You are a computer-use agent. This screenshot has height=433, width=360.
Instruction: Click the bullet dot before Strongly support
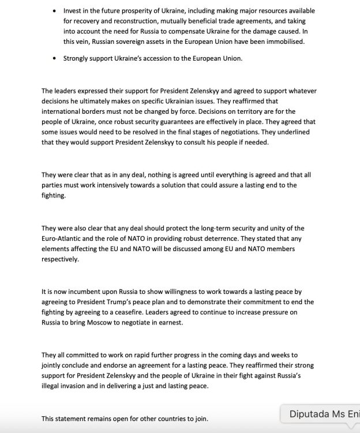pos(54,58)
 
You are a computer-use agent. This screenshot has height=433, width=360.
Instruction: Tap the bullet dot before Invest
pos(54,11)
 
